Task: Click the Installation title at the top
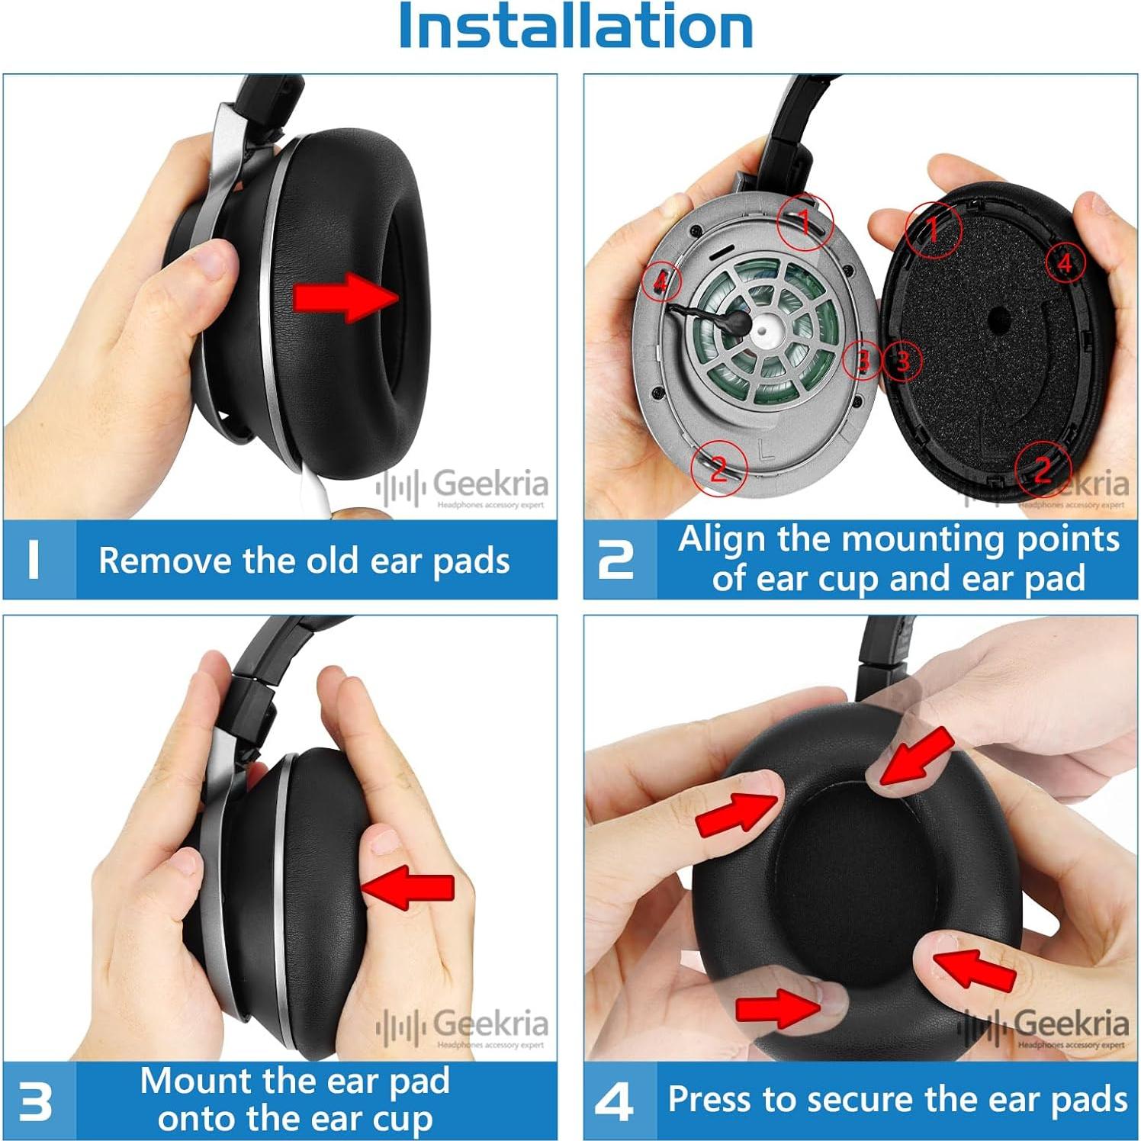tap(576, 27)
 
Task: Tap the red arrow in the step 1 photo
tap(345, 296)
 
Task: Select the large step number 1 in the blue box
tap(34, 560)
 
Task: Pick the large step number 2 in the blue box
tap(616, 560)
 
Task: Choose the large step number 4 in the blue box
tap(615, 1102)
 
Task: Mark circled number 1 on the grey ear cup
tap(805, 221)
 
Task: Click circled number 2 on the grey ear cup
tap(718, 468)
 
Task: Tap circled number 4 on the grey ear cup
tap(660, 281)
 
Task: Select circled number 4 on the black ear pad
tap(1065, 262)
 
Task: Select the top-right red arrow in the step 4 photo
tap(915, 757)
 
